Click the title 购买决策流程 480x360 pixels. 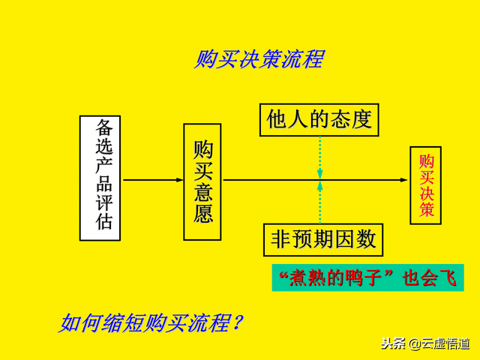[259, 59]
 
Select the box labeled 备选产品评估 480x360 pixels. [100, 178]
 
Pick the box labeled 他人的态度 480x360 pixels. [319, 118]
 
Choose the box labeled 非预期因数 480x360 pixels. [323, 239]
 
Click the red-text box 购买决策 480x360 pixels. [426, 185]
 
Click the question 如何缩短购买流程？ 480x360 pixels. [151, 323]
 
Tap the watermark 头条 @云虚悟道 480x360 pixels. [424, 344]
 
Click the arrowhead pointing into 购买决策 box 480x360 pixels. [405, 180]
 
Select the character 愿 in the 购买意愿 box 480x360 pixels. [203, 214]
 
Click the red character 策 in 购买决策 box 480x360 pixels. [426, 211]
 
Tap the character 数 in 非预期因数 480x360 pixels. [366, 239]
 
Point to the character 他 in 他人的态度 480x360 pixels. [278, 118]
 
